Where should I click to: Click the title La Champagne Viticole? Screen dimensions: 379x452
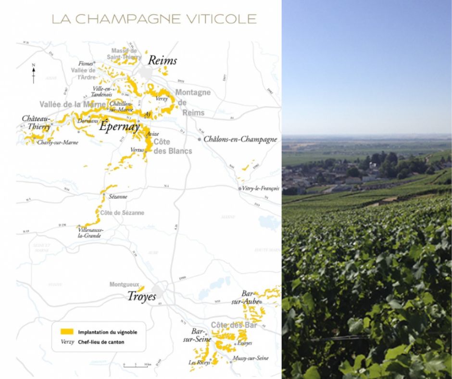click(x=154, y=19)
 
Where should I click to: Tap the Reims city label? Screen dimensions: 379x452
click(x=162, y=61)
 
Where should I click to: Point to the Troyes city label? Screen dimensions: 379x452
click(x=141, y=297)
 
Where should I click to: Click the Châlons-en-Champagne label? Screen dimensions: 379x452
click(x=240, y=139)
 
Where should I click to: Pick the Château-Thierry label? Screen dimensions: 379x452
click(x=37, y=123)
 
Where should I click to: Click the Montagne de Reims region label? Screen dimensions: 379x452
click(x=192, y=102)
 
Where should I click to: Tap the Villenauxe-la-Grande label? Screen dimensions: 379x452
click(x=90, y=233)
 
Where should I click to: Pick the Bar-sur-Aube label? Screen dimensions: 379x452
click(x=251, y=297)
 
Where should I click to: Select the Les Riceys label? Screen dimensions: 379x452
click(x=199, y=363)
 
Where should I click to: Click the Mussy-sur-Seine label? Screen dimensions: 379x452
click(x=250, y=358)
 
